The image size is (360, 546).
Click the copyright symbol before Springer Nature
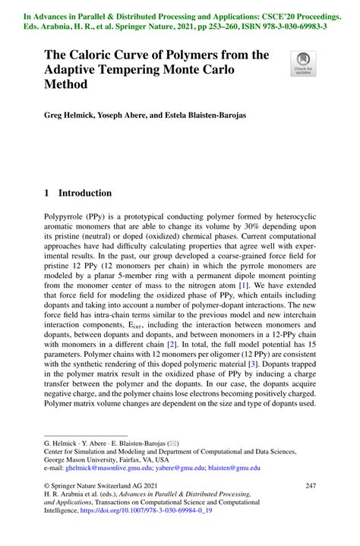47,485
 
